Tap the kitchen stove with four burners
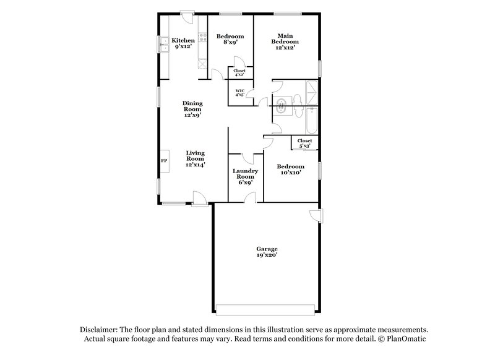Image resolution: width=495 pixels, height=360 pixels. [202, 64]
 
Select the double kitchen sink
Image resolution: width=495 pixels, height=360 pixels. [163, 44]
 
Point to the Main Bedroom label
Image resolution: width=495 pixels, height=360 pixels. [285, 41]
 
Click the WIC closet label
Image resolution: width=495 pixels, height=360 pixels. [239, 94]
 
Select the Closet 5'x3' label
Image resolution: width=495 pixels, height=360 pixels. [304, 144]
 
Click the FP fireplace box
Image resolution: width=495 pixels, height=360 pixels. [165, 160]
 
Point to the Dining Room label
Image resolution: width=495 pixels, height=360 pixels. [192, 109]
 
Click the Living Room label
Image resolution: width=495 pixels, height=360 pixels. [196, 159]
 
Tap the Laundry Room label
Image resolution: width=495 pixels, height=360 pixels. [244, 177]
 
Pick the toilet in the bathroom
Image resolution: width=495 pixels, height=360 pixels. [296, 98]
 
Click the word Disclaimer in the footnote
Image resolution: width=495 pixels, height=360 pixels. [98, 330]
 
